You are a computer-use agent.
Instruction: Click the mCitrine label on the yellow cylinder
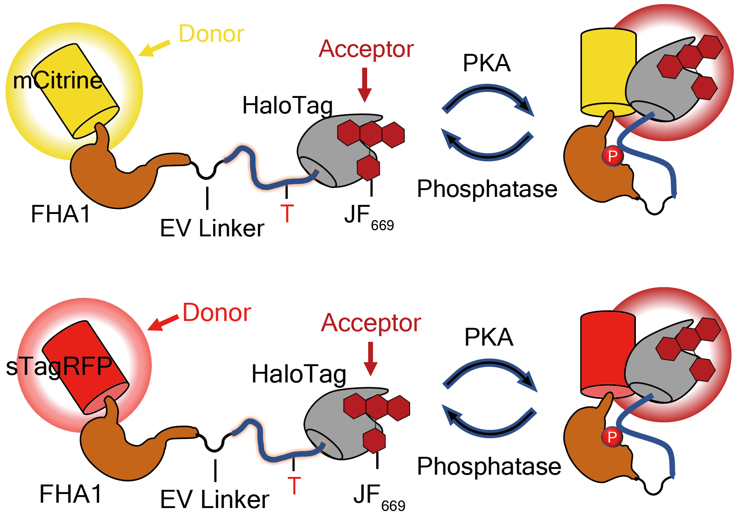58,81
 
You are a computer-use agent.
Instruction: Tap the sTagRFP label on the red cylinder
59,367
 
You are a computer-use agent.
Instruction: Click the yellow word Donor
211,34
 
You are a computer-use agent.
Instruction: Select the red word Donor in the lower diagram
217,313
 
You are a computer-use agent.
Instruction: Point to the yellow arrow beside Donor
154,48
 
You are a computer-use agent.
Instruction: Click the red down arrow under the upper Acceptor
365,85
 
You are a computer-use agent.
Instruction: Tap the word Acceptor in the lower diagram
371,323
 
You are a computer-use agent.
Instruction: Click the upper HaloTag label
287,105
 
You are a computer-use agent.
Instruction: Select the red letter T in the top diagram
287,213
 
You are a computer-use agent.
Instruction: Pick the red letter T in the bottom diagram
294,486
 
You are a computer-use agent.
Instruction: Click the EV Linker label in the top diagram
212,228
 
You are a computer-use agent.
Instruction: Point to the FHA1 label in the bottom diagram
71,494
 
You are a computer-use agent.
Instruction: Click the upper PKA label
487,63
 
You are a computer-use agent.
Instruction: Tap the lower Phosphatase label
489,466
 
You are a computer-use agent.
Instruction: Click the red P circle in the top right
612,156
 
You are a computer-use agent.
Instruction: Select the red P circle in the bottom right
612,437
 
